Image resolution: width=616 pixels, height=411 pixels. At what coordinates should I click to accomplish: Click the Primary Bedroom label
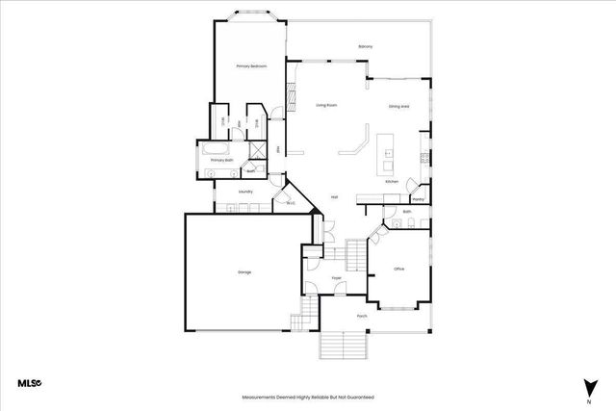(251, 66)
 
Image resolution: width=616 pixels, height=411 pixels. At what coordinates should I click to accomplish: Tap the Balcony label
(365, 46)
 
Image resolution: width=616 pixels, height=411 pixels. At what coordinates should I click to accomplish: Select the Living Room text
(326, 105)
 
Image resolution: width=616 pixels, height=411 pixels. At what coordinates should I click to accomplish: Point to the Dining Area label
(400, 106)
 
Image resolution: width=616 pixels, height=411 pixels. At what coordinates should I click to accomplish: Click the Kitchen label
(392, 181)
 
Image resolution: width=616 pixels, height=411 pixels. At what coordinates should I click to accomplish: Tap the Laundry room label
(245, 192)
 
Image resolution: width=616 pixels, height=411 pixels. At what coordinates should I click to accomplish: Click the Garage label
(244, 272)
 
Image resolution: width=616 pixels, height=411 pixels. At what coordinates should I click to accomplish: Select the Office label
(399, 270)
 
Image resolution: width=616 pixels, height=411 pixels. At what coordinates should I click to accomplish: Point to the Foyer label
(337, 278)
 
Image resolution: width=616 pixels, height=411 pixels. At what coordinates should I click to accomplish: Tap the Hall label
(334, 196)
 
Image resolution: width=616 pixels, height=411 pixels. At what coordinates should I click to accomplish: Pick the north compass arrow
(587, 386)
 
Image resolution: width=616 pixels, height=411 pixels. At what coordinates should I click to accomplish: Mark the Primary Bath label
(222, 161)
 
